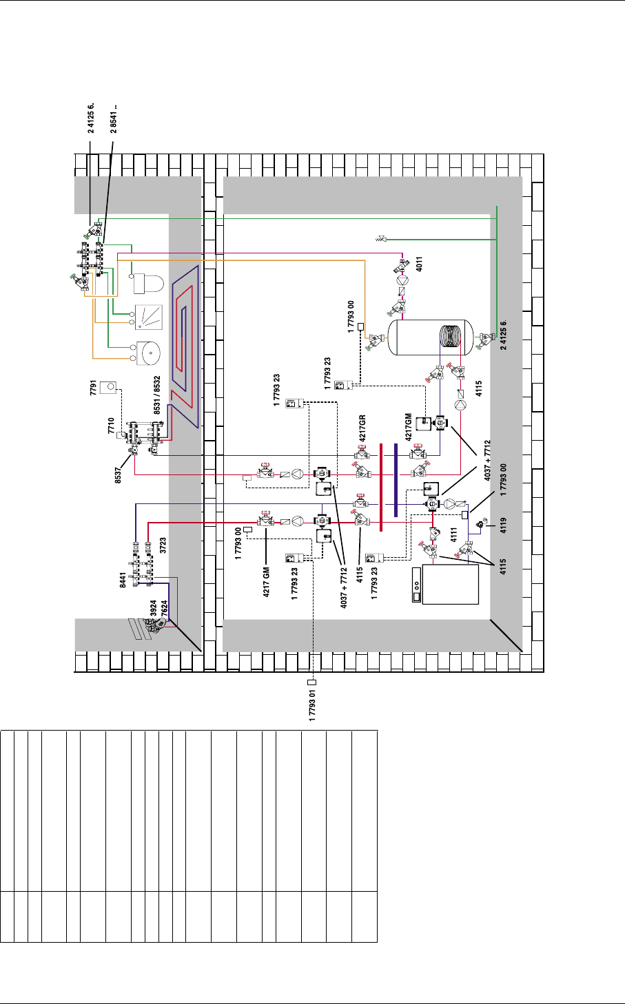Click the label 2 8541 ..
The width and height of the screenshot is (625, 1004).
(x=114, y=119)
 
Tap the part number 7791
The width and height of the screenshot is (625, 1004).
(x=93, y=388)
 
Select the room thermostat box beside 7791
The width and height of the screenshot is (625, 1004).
(x=108, y=388)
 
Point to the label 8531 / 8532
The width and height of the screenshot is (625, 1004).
(x=156, y=395)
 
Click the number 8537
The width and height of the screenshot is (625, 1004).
(x=118, y=475)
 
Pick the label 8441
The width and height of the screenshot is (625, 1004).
(x=123, y=580)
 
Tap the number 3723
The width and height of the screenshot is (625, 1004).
(x=163, y=545)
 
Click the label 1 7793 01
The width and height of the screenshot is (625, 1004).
(x=312, y=705)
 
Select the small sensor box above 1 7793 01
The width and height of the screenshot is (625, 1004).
(x=312, y=682)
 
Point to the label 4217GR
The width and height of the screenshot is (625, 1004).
(x=362, y=428)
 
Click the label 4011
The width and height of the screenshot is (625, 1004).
(x=419, y=264)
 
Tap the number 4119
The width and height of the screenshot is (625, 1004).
(x=503, y=525)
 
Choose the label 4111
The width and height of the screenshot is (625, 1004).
(x=453, y=535)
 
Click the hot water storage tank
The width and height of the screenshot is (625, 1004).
(x=431, y=337)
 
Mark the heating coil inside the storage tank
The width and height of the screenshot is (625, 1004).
(x=451, y=337)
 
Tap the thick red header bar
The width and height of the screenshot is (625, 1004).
(x=381, y=488)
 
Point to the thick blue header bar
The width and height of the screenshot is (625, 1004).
(x=396, y=480)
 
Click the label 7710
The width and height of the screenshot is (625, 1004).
(x=111, y=426)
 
